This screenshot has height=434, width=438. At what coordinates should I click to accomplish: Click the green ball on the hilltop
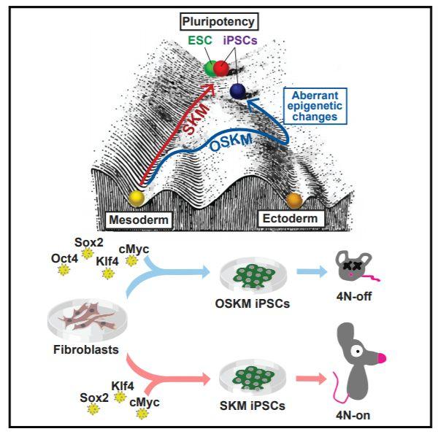212,69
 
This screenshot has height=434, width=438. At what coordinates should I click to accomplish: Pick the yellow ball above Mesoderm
136,198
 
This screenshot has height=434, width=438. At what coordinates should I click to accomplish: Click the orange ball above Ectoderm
294,200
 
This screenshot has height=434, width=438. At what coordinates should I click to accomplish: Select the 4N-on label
367,411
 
